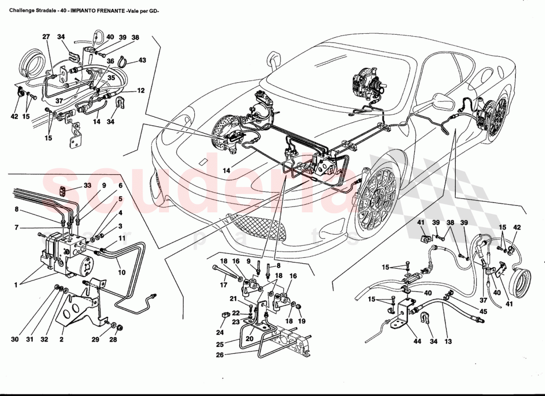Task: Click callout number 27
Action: (46, 37)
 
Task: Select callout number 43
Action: (142, 60)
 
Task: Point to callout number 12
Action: (141, 91)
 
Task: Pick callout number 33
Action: (88, 186)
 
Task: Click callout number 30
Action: (15, 340)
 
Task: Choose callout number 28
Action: (113, 340)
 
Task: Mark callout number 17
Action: (223, 285)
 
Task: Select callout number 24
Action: (220, 332)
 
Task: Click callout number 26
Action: (220, 355)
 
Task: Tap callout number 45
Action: (483, 311)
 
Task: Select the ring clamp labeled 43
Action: (123, 62)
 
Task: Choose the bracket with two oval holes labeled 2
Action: (74, 312)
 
